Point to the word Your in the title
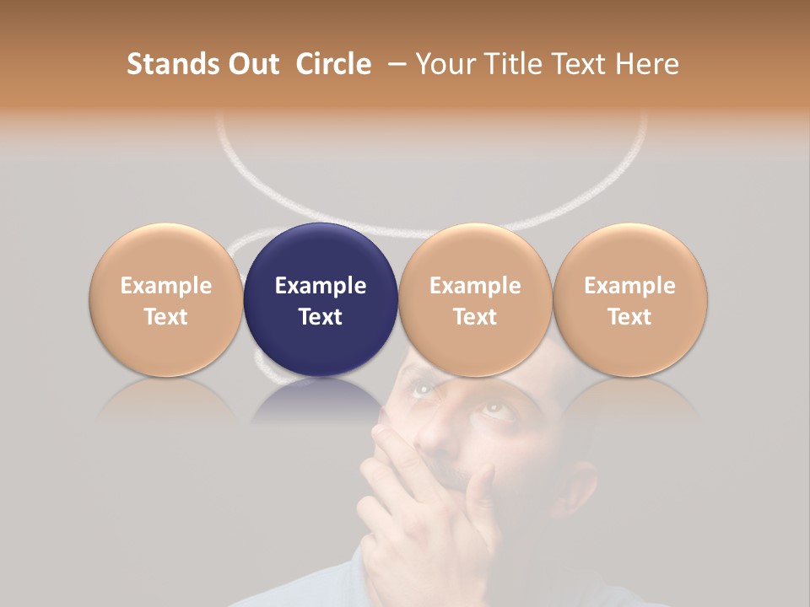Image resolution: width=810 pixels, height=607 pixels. click(x=445, y=64)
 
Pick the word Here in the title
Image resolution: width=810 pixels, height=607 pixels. click(x=648, y=64)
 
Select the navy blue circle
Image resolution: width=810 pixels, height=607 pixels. click(x=321, y=299)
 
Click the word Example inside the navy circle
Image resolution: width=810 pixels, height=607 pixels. click(x=321, y=286)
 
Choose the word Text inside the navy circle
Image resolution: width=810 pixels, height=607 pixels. click(x=321, y=317)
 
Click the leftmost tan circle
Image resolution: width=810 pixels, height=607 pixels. click(x=166, y=299)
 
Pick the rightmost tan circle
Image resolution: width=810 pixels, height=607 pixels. click(x=630, y=299)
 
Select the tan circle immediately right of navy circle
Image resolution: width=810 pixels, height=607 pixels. click(x=475, y=299)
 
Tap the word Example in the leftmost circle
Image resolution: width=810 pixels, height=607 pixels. click(x=166, y=286)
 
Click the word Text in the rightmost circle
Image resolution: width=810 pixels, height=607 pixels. click(x=630, y=317)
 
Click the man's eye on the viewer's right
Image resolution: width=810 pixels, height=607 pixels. click(x=492, y=412)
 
